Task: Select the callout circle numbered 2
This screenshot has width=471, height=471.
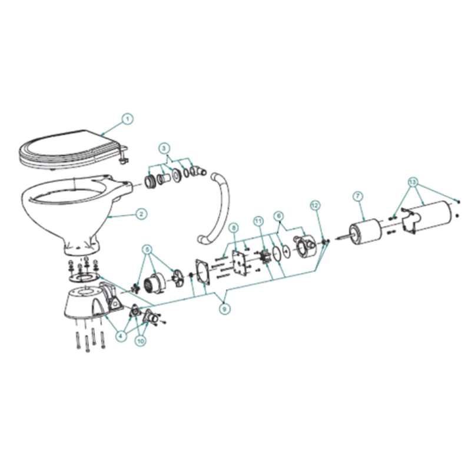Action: pyautogui.click(x=141, y=214)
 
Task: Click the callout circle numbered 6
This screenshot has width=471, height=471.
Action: pyautogui.click(x=280, y=216)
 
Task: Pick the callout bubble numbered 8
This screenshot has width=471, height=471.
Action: pyautogui.click(x=233, y=227)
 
